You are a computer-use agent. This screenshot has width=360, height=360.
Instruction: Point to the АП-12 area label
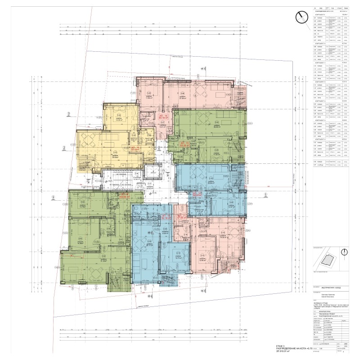tap(197, 194)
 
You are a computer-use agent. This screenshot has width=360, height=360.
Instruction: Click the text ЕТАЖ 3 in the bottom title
tap(318, 344)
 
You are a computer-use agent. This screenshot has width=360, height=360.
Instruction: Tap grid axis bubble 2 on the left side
tap(64, 147)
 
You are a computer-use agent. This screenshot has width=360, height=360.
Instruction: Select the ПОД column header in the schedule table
tap(332, 8)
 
